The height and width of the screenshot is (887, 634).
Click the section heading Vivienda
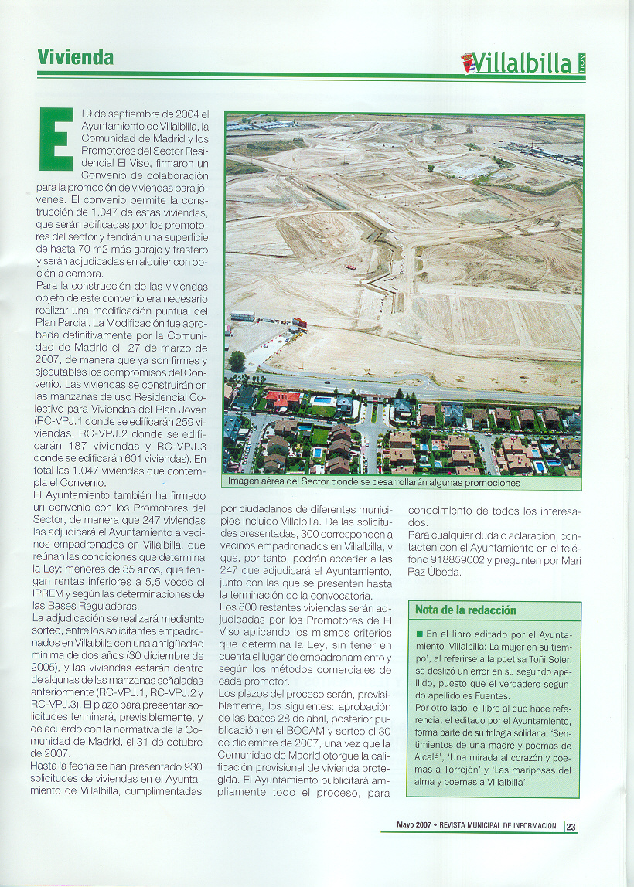(x=75, y=57)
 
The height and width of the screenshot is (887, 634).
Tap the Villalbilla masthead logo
(x=523, y=62)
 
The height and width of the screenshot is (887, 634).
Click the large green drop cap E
(x=56, y=139)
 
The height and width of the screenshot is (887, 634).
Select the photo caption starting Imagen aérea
(x=373, y=482)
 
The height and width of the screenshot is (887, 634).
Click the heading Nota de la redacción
(x=465, y=610)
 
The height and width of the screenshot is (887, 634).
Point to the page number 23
(x=571, y=826)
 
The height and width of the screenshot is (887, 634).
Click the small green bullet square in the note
(x=419, y=634)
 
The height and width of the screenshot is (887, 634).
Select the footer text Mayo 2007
(x=414, y=825)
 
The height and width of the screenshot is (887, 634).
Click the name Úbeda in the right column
(x=444, y=573)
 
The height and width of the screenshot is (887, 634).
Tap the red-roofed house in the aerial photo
(x=283, y=399)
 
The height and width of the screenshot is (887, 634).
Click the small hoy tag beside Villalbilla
(x=581, y=62)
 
